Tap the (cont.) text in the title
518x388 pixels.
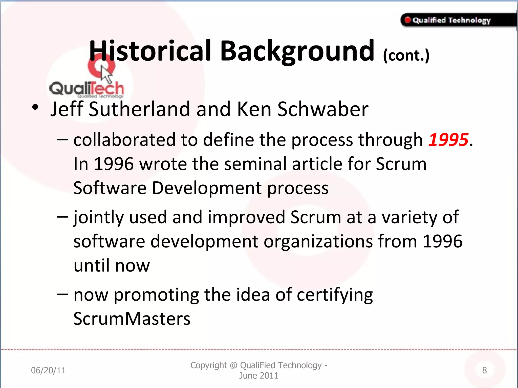click(406, 55)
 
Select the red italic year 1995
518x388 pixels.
click(448, 140)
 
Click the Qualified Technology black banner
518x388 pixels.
click(458, 20)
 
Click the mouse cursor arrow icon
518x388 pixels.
click(106, 74)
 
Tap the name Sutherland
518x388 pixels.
click(139, 109)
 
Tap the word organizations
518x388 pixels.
click(318, 241)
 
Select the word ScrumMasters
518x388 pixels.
click(132, 319)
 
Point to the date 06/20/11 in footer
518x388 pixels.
click(48, 370)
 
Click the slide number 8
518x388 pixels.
click(484, 370)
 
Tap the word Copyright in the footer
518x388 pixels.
click(209, 365)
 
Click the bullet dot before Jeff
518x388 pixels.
click(35, 107)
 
